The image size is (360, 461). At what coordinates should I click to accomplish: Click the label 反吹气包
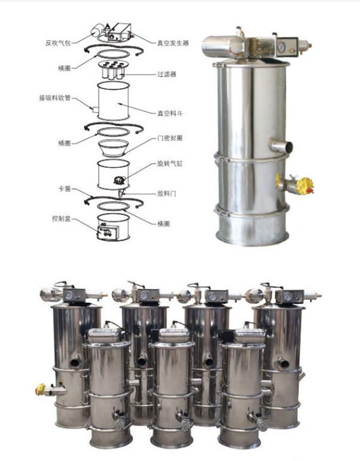(58, 43)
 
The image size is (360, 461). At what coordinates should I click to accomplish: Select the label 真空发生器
(173, 43)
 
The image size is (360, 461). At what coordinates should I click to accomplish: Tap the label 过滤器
(167, 74)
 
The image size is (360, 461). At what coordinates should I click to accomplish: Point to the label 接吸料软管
(55, 98)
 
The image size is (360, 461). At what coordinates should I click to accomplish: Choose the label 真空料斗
(170, 113)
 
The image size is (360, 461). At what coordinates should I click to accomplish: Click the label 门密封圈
(170, 138)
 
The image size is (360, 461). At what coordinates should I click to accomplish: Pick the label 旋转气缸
(170, 164)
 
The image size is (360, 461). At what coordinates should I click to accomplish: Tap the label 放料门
(167, 194)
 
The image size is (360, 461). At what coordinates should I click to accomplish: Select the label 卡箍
(64, 189)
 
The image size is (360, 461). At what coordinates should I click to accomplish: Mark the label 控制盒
(61, 218)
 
